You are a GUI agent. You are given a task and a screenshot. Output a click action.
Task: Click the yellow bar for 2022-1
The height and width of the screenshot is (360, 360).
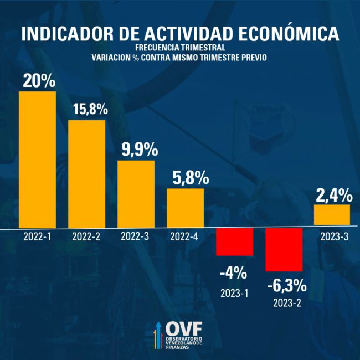[37, 160]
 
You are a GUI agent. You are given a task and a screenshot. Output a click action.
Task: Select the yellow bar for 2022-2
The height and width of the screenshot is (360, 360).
[86, 173]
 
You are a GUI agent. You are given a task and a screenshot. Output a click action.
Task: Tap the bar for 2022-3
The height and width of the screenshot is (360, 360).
[136, 194]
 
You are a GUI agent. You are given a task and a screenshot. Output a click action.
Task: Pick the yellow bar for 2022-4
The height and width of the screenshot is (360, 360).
[185, 208]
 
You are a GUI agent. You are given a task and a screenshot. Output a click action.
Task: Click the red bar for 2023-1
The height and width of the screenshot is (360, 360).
[234, 242]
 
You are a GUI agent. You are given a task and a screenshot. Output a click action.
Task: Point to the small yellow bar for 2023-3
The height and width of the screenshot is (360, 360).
[332, 215]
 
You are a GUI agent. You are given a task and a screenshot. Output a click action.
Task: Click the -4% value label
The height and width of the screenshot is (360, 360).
[233, 272]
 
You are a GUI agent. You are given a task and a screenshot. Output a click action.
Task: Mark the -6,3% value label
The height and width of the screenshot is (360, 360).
[286, 286]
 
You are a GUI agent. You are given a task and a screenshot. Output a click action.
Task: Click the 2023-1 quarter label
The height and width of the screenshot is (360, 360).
[235, 291]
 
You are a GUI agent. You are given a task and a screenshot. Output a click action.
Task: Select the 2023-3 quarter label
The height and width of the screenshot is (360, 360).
[335, 236]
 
